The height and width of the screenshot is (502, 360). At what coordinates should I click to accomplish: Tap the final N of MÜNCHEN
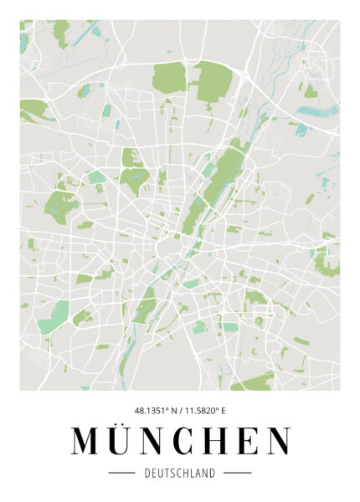click(279, 441)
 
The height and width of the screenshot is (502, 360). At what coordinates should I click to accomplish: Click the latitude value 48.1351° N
click(154, 410)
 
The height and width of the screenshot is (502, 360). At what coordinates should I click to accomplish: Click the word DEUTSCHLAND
click(180, 473)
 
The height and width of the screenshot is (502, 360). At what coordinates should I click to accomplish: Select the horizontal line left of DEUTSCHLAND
click(122, 473)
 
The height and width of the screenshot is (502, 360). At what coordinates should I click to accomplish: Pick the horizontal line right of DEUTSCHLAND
click(238, 473)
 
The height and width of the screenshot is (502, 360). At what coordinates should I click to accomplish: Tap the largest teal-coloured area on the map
click(56, 316)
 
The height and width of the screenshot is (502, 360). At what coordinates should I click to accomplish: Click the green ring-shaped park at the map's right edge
click(325, 261)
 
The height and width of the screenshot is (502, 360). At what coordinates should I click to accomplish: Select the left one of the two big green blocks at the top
click(170, 77)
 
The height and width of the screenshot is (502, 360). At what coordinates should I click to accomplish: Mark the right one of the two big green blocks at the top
click(213, 84)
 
